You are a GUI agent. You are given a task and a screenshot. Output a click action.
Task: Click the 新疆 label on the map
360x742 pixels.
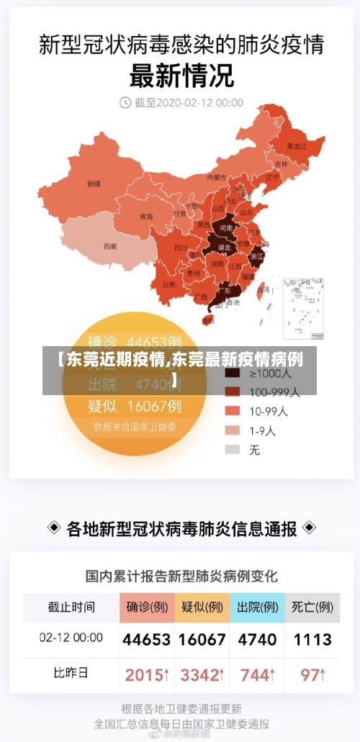tap(94, 184)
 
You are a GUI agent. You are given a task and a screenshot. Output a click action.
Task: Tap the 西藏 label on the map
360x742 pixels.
tap(109, 246)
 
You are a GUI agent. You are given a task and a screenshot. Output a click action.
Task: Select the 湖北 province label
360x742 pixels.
tap(224, 247)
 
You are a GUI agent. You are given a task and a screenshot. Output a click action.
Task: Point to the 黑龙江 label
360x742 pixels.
tap(297, 146)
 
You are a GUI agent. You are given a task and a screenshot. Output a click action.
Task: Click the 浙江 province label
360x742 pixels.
tap(257, 255)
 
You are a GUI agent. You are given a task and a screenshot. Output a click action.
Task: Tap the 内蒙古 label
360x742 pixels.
tap(217, 177)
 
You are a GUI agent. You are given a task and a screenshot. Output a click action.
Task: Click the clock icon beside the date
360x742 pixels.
tap(125, 103)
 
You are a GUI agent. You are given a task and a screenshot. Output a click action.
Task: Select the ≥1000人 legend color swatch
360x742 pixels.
tap(233, 374)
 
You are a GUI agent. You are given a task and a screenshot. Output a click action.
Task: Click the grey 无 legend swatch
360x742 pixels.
tap(233, 450)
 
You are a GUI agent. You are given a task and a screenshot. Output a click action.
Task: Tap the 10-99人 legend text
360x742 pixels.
tap(269, 412)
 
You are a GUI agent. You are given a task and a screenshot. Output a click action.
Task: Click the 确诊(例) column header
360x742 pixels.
tap(147, 607)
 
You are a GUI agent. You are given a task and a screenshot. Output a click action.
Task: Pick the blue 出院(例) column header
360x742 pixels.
tap(258, 607)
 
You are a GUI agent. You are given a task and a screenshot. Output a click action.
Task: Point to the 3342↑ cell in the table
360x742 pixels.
tap(202, 675)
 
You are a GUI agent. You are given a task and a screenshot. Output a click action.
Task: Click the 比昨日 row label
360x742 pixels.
tap(71, 674)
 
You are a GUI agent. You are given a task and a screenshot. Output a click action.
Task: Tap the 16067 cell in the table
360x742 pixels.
tap(202, 639)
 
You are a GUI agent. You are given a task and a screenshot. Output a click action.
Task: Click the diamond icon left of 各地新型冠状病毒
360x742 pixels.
tap(54, 528)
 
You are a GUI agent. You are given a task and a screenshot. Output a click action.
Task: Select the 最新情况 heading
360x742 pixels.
tap(181, 74)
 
